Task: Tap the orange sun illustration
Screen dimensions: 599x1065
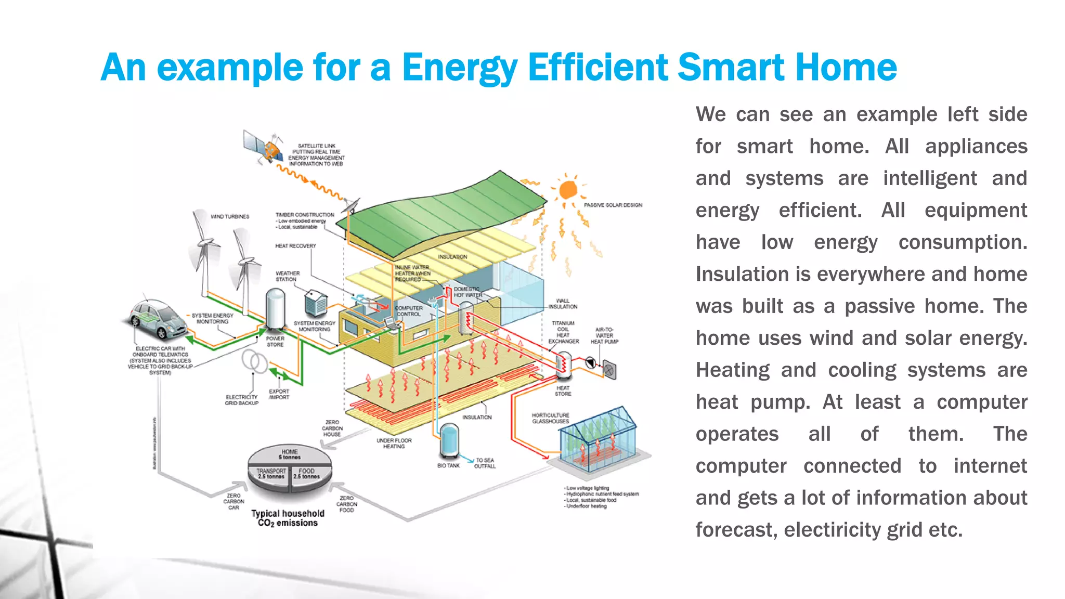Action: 568,190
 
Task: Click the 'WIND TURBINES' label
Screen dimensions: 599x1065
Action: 230,216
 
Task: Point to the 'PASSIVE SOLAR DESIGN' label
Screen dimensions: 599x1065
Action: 613,205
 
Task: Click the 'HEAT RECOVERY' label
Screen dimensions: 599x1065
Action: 295,246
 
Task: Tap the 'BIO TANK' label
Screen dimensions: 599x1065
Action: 448,465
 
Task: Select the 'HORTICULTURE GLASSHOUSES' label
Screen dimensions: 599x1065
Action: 550,418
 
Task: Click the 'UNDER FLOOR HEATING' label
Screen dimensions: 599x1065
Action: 394,443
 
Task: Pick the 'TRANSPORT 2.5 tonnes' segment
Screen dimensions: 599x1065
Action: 271,474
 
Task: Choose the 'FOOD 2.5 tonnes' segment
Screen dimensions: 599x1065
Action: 306,474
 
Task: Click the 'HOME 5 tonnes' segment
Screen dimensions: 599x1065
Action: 290,454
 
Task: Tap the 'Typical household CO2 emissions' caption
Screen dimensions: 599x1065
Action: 288,518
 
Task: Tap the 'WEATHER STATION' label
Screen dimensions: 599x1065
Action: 287,276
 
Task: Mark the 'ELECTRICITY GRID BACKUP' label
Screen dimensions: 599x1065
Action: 241,400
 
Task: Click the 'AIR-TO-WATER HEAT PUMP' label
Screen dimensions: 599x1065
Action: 604,335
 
